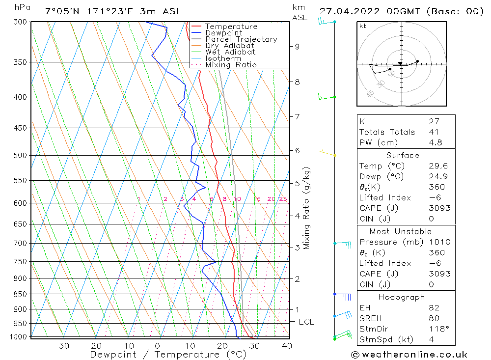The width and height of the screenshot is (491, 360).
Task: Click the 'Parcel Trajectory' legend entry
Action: [x=241, y=39]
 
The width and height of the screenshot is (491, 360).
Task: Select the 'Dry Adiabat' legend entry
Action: [x=230, y=46]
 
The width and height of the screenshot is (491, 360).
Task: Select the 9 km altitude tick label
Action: [x=297, y=47]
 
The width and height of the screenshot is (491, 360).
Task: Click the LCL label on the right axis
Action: [x=306, y=322]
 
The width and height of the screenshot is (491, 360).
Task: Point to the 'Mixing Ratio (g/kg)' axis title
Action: [x=307, y=208]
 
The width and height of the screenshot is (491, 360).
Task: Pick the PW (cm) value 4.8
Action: [x=436, y=143]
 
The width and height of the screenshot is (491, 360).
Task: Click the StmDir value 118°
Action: [x=437, y=329]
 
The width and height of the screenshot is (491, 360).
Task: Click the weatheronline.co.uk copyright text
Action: [x=409, y=355]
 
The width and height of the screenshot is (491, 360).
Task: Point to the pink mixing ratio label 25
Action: [x=283, y=199]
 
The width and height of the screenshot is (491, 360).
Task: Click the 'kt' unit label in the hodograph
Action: [x=363, y=26]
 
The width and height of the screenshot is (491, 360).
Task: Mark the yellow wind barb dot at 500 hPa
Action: [x=335, y=156]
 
